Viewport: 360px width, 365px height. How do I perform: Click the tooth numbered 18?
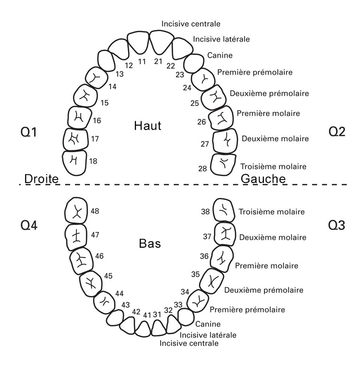pos(75,162)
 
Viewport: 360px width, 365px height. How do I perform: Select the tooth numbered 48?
pos(76,210)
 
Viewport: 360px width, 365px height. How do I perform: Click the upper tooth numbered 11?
pos(138,42)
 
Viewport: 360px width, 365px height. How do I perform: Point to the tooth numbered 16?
pos(78,118)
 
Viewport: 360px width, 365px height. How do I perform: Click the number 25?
pos(195,103)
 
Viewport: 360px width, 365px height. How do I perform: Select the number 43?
pos(126,305)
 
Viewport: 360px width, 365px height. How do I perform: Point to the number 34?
pos(185,291)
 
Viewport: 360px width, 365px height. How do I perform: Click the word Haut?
pos(148,126)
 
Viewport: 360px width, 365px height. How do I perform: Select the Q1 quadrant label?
pos(28,132)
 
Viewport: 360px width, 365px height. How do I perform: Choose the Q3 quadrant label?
pos(336,226)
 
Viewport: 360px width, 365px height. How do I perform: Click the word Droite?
pos(42,179)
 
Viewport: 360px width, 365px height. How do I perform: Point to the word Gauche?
pos(263,179)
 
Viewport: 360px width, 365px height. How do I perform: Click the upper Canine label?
pos(220,55)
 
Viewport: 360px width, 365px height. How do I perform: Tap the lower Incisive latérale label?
pos(208,335)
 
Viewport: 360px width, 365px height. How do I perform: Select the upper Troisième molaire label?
pos(273,166)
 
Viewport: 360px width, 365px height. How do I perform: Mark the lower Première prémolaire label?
pos(247,309)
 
